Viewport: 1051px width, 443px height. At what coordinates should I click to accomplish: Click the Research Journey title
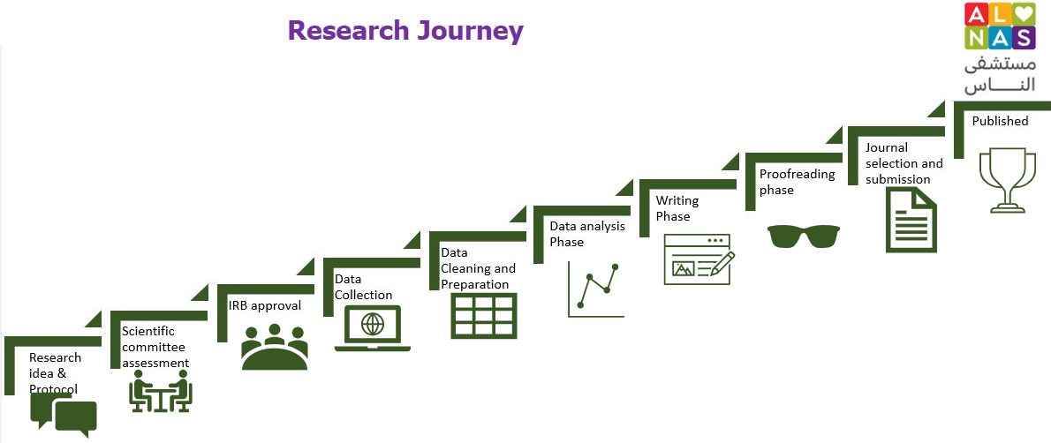[405, 31]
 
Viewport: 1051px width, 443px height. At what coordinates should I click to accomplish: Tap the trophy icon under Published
[1005, 180]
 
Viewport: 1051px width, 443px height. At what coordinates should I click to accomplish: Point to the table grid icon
[484, 315]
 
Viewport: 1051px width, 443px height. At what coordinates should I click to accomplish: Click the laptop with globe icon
[373, 328]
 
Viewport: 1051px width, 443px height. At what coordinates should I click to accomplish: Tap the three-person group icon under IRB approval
[275, 348]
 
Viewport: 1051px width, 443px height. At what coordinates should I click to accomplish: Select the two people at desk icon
[161, 391]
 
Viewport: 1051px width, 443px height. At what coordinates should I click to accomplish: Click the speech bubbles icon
[64, 414]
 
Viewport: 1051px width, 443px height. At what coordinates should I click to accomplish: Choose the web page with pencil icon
[698, 259]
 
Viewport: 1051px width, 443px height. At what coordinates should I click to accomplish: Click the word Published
[1000, 121]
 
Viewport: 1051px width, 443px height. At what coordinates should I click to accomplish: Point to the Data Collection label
[363, 287]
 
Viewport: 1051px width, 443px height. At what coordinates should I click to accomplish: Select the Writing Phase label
[677, 208]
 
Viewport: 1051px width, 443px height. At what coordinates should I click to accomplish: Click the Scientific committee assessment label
[155, 347]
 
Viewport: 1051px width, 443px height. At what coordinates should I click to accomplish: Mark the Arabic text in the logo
[1000, 75]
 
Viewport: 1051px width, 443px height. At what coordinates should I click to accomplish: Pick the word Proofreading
[797, 174]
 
